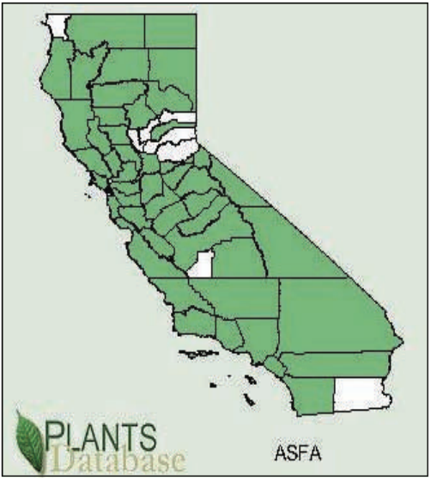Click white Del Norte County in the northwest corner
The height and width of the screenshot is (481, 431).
tap(58, 25)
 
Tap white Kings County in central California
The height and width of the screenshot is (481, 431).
tap(200, 263)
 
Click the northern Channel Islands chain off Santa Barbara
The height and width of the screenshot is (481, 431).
tap(193, 353)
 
